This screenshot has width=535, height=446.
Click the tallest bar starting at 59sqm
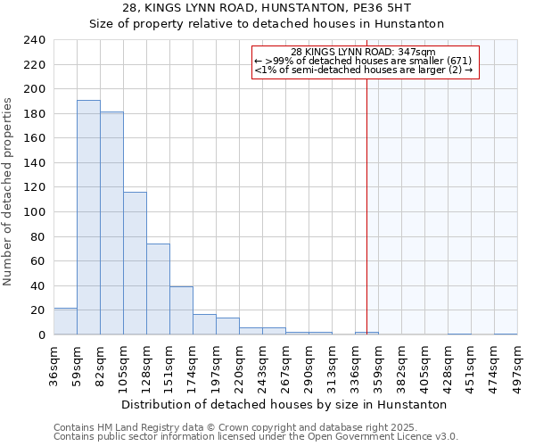[88, 218]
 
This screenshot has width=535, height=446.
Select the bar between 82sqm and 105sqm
[111, 223]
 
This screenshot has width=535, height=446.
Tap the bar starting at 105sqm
[135, 263]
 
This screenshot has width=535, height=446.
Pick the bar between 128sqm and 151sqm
[158, 289]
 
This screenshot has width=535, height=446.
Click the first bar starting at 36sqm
[65, 321]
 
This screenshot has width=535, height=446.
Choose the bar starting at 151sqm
[181, 310]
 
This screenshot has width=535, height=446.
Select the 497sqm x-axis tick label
[517, 365]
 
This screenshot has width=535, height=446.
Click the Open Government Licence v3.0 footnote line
[255, 437]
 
